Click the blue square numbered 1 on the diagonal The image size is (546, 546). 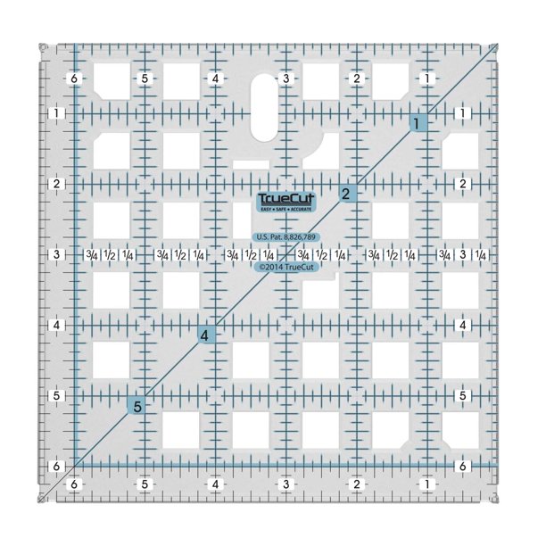tap(417, 124)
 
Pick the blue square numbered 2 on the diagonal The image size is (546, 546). tap(345, 194)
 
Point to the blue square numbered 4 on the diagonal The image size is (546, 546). tap(205, 335)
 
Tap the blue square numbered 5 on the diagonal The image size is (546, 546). tap(137, 407)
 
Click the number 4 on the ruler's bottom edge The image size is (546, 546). tap(215, 484)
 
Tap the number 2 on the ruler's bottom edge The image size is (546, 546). tap(357, 484)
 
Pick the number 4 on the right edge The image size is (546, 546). tap(462, 325)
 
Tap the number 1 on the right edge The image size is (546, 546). tap(462, 113)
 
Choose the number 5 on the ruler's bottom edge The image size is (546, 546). tap(145, 484)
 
